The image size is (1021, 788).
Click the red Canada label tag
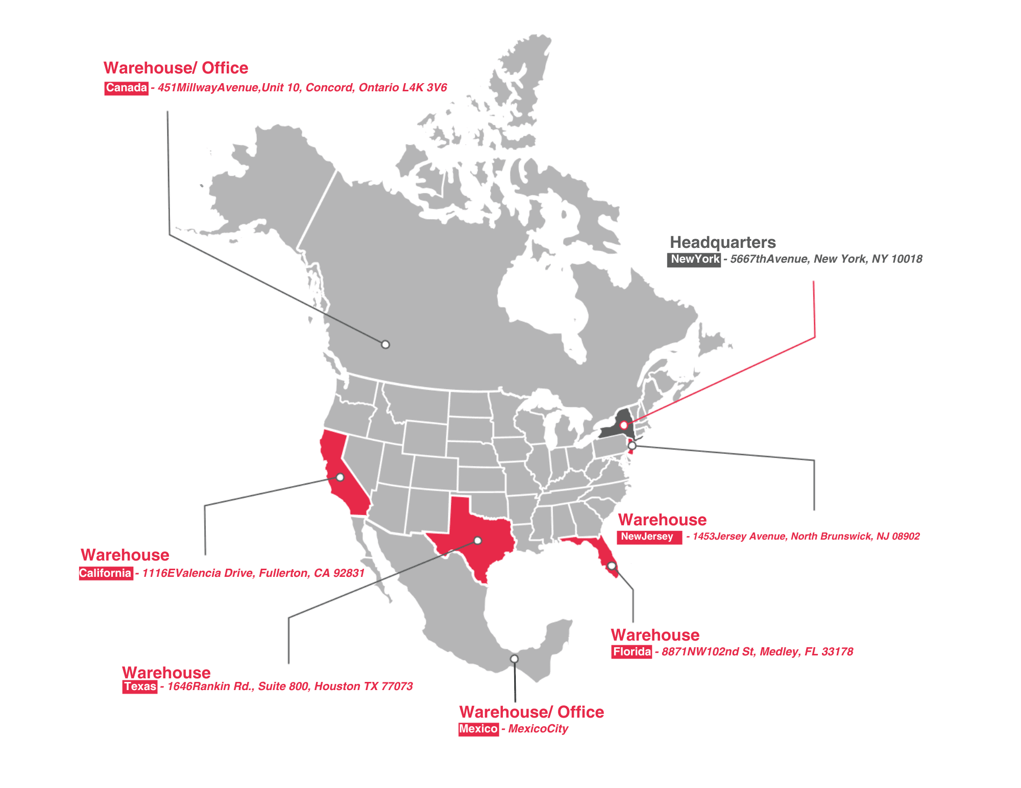[126, 88]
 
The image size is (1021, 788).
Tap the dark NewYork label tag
[694, 259]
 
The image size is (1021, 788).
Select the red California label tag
[106, 573]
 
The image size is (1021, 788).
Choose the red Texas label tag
[140, 687]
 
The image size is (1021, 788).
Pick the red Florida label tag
[631, 652]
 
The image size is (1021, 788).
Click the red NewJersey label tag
[649, 537]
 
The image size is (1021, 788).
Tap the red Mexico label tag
[478, 729]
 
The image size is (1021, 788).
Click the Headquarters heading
[722, 242]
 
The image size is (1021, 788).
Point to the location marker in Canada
[385, 344]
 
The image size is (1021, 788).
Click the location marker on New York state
[623, 425]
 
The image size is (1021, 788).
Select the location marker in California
[340, 477]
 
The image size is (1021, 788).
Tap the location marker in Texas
[477, 540]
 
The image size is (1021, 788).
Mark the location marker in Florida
[612, 566]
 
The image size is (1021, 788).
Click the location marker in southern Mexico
[514, 658]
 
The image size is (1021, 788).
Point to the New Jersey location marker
[632, 446]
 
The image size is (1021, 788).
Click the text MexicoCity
[538, 729]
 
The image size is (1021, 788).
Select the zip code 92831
[349, 573]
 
